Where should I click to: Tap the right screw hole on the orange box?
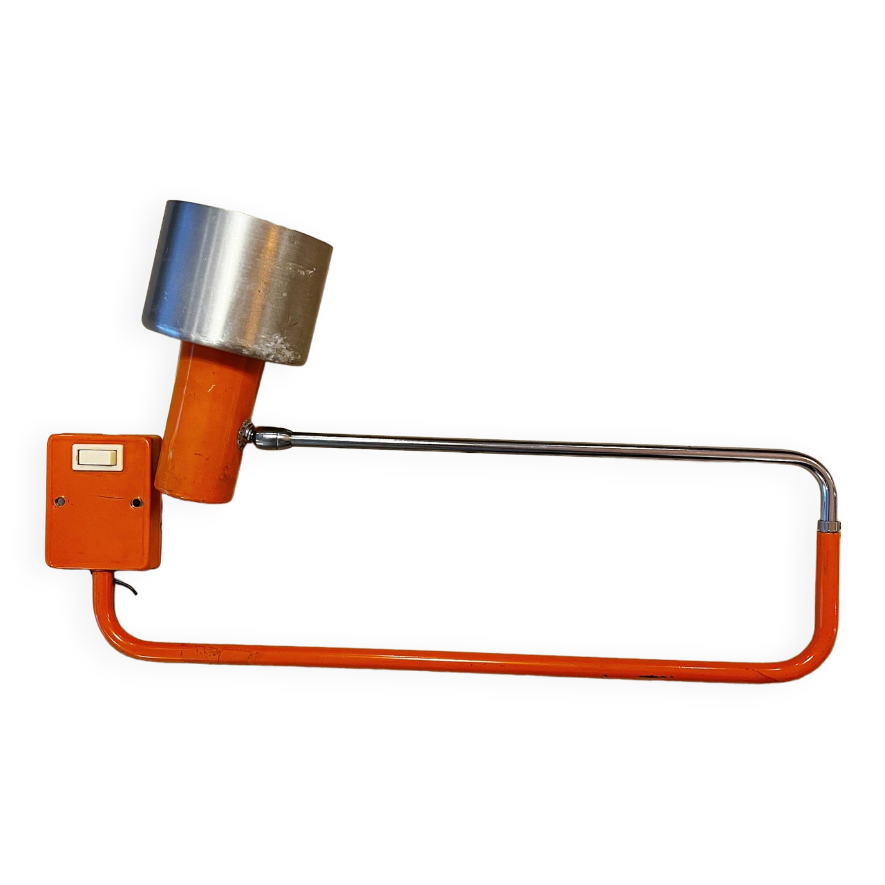[x=135, y=503]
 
